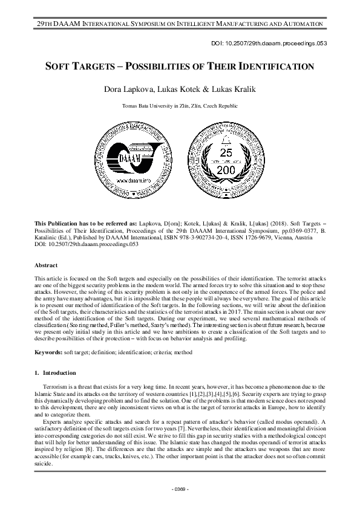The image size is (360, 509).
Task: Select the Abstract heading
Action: point(47,265)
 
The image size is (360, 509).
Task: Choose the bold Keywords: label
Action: point(49,351)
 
